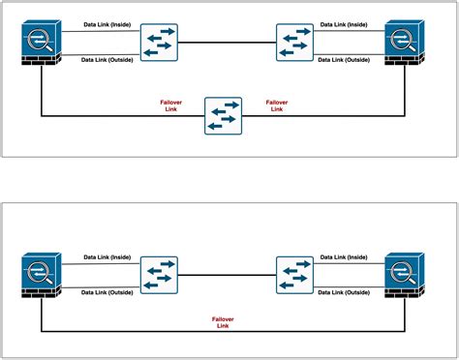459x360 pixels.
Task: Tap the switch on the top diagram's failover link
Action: tap(222, 116)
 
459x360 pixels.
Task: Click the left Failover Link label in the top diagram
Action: tap(172, 105)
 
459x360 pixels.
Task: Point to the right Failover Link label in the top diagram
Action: tap(276, 105)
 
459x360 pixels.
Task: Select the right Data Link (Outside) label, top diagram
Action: tap(346, 59)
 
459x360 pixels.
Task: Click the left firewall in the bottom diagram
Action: tap(42, 275)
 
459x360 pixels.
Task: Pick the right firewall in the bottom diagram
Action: tap(405, 275)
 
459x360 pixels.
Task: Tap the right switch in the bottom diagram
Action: tap(293, 275)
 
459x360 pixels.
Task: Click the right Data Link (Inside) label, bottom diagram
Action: tap(346, 256)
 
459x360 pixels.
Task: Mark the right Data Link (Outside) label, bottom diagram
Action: tap(346, 291)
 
